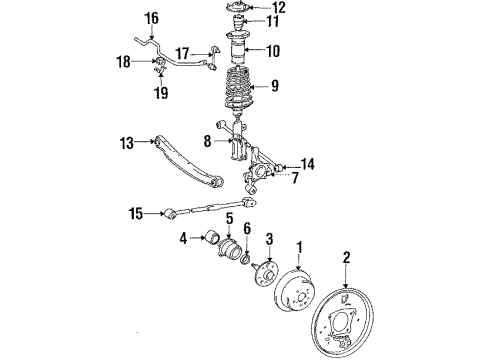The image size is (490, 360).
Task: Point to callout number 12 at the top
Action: (279, 9)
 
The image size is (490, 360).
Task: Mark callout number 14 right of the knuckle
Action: (307, 165)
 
